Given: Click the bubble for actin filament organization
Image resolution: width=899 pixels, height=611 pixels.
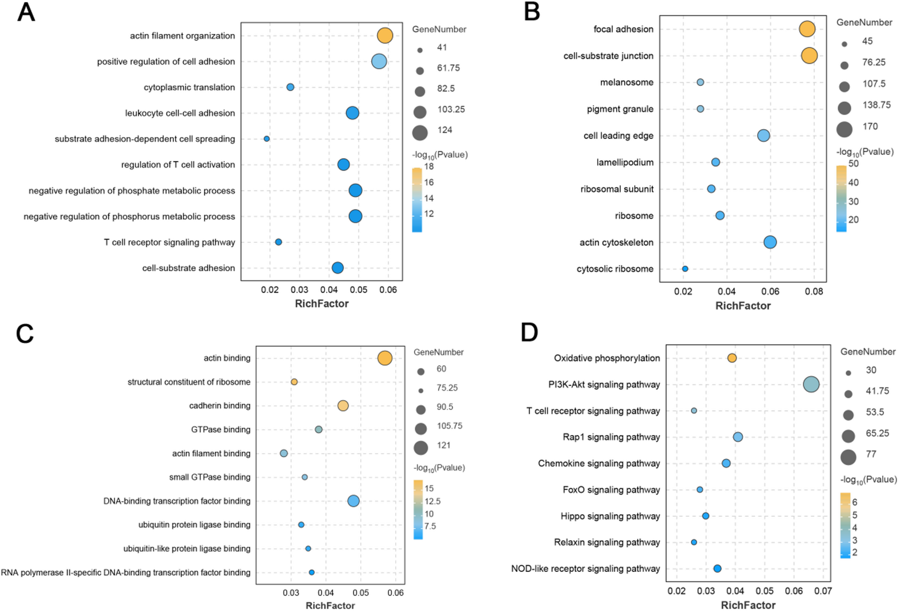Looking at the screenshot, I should (x=385, y=36).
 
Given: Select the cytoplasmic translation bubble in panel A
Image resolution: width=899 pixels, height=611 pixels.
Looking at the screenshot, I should (x=290, y=87).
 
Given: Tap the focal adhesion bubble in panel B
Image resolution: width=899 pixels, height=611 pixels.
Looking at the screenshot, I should (x=807, y=29).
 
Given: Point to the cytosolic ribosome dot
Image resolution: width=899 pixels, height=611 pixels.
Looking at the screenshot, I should (x=685, y=269).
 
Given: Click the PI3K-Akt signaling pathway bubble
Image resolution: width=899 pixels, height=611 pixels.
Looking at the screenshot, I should (x=811, y=385).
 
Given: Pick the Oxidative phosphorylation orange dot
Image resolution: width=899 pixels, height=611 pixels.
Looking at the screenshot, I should (x=732, y=358).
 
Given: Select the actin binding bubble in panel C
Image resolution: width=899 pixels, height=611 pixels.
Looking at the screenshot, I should (x=385, y=358).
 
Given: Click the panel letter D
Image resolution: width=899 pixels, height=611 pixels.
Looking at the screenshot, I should (x=529, y=332).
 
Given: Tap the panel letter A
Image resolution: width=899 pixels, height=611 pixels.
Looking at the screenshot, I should (x=26, y=12).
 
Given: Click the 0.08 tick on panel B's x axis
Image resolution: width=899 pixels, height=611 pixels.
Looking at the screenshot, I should (x=814, y=292).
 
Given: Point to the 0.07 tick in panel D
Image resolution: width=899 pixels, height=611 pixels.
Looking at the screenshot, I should (x=823, y=591).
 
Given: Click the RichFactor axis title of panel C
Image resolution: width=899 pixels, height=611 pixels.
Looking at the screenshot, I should (x=330, y=605).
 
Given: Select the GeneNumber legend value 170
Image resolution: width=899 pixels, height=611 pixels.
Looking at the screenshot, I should (x=870, y=127).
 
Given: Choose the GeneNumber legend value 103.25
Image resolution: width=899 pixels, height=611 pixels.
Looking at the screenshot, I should (x=451, y=109).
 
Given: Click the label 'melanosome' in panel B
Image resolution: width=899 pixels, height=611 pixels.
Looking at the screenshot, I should (x=627, y=83).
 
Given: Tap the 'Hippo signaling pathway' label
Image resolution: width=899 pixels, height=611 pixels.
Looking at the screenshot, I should (x=610, y=516).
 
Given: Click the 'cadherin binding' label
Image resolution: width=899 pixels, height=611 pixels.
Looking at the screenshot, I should (x=220, y=406).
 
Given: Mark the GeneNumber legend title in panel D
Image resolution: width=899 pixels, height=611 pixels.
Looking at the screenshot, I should (x=868, y=352).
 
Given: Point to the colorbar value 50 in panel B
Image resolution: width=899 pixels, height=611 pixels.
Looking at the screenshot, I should (x=853, y=163).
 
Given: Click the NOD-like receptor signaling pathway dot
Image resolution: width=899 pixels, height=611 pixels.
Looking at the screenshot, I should (x=717, y=569).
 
